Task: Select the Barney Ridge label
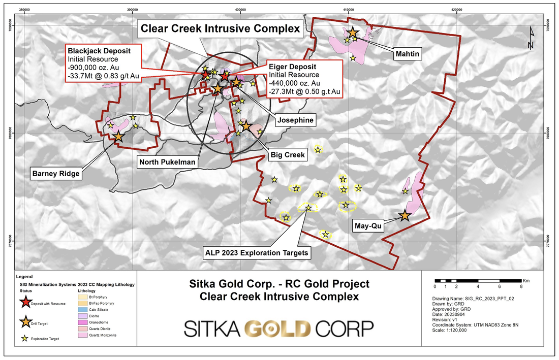pyautogui.click(x=56, y=173)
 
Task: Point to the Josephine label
pyautogui.click(x=295, y=120)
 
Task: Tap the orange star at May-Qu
pyautogui.click(x=405, y=215)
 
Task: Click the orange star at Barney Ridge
pyautogui.click(x=118, y=136)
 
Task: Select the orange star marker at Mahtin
pyautogui.click(x=352, y=32)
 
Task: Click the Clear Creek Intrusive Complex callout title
pyautogui.click(x=221, y=29)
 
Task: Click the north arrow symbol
pyautogui.click(x=531, y=38)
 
